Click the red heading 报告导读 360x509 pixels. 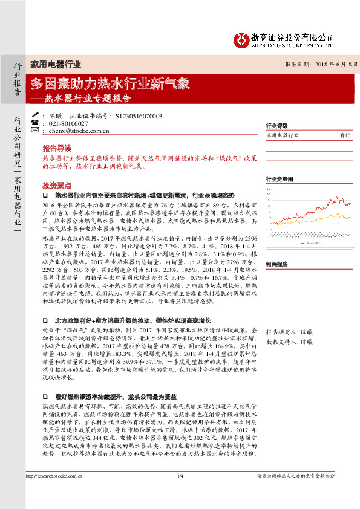pos(56,148)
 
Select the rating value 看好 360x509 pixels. pos(345,136)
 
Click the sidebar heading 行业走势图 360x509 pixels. pos(280,180)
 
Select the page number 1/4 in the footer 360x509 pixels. pos(180,493)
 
